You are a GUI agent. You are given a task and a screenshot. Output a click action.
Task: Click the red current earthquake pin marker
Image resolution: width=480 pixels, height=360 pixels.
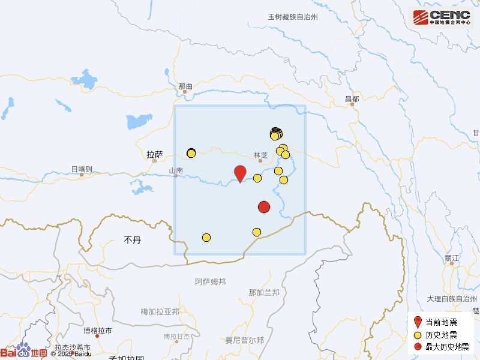click(x=240, y=173)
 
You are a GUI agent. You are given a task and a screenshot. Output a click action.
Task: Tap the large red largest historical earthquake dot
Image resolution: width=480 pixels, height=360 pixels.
click(x=264, y=207)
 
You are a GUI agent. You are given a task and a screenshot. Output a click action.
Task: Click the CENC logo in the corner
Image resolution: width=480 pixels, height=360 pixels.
click(x=441, y=17)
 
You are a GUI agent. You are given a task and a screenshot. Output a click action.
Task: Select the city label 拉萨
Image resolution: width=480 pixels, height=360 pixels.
click(x=155, y=154)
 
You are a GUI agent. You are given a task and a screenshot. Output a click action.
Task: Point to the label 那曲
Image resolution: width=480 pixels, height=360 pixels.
click(x=186, y=87)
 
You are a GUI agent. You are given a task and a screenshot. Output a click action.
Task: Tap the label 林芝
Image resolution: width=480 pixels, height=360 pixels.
click(x=260, y=154)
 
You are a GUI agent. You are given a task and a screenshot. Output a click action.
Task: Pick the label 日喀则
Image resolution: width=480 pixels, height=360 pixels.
click(x=82, y=170)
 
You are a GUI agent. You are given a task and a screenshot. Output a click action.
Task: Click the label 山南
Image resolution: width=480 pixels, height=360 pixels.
click(x=176, y=171)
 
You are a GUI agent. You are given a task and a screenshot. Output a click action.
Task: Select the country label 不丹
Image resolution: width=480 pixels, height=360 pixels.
click(x=132, y=240)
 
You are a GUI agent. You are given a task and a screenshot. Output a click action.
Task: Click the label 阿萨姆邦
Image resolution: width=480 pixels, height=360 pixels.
click(x=211, y=281)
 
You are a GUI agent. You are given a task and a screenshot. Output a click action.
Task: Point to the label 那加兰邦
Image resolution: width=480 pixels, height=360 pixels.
click(x=264, y=293)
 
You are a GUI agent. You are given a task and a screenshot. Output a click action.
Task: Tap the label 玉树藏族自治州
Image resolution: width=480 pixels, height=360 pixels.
click(x=292, y=17)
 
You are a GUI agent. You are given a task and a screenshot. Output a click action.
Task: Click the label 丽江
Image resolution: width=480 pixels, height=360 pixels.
click(x=452, y=258)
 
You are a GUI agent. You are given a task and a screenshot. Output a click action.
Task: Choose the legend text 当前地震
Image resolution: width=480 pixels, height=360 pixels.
click(x=441, y=322)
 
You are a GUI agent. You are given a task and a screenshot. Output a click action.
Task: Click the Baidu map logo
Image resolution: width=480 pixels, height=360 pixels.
click(x=24, y=352)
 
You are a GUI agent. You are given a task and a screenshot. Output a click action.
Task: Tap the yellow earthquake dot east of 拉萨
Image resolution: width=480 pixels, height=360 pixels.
click(x=191, y=153)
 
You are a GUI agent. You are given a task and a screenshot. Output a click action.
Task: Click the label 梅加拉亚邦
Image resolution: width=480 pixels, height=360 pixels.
click(x=160, y=312)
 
